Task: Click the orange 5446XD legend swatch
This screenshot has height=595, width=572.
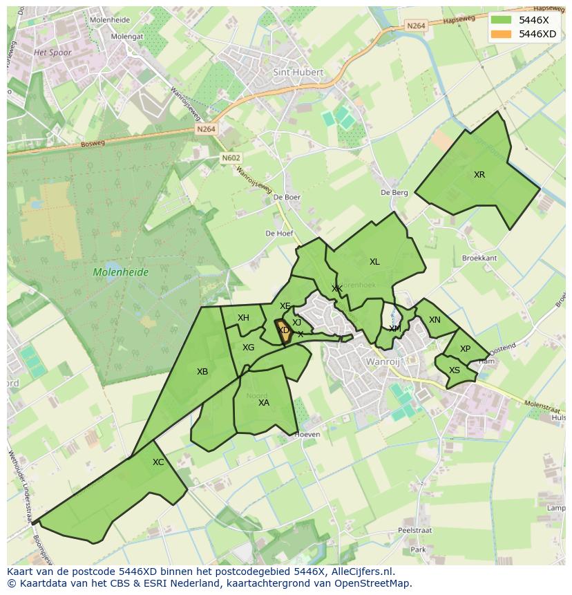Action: click(x=502, y=34)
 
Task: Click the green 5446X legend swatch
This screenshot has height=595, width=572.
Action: click(x=502, y=20)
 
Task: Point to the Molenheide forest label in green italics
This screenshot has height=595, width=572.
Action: click(x=121, y=272)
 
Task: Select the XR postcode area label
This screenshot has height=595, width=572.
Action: click(x=479, y=175)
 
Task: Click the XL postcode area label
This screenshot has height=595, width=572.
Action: click(x=374, y=262)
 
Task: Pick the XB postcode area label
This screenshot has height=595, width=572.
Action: click(x=202, y=372)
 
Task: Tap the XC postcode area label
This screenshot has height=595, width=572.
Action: click(x=158, y=462)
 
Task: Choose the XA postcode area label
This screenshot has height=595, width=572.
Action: click(x=264, y=403)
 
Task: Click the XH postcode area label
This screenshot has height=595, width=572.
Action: click(x=243, y=318)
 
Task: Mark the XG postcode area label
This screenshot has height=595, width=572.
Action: click(x=248, y=348)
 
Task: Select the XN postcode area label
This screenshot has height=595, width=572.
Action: click(x=435, y=320)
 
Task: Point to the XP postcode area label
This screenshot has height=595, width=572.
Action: click(x=465, y=349)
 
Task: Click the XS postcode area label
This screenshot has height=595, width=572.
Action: click(x=455, y=370)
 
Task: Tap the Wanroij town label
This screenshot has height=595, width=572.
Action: click(x=383, y=361)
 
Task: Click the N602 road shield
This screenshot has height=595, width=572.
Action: click(x=231, y=158)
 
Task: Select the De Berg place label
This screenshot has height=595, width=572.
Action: click(x=394, y=193)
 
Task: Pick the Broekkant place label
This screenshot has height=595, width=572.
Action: click(x=479, y=258)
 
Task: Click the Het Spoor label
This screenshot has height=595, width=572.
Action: click(x=53, y=53)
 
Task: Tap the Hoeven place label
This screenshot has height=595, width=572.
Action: click(x=307, y=435)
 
